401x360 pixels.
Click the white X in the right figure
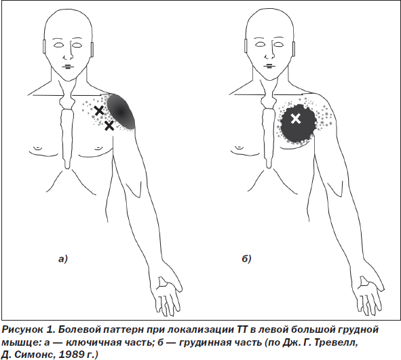pyautogui.click(x=296, y=119)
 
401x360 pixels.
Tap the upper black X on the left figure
pyautogui.click(x=99, y=111)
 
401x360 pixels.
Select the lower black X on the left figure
pyautogui.click(x=109, y=126)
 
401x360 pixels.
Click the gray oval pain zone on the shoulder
pyautogui.click(x=121, y=111)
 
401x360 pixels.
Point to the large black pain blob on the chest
pyautogui.click(x=298, y=124)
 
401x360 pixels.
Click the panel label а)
pyautogui.click(x=62, y=259)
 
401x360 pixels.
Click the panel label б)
pyautogui.click(x=246, y=259)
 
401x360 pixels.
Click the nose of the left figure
pyautogui.click(x=67, y=54)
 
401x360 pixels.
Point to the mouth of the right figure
pyautogui.click(x=269, y=67)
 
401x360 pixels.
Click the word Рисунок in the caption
pyautogui.click(x=22, y=330)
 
